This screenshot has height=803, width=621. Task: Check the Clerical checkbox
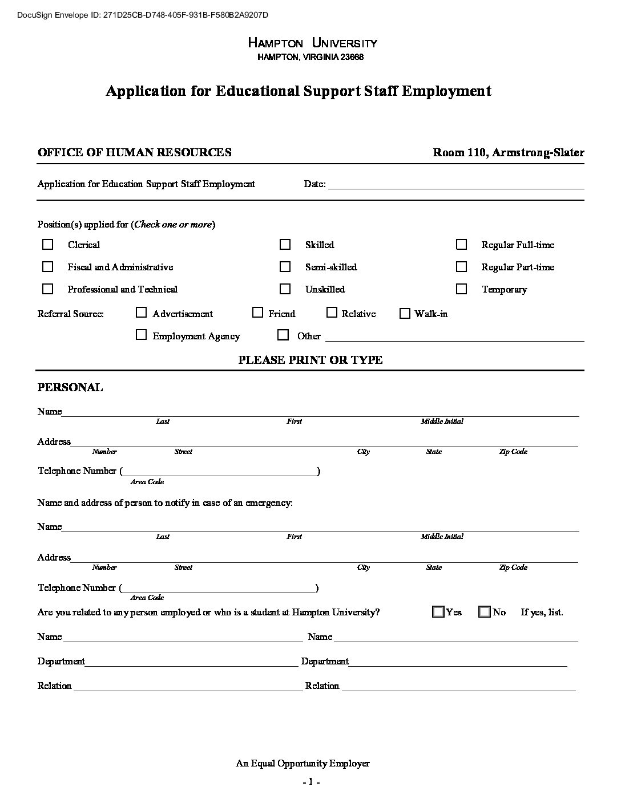click(x=48, y=245)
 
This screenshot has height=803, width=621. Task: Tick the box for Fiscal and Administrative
click(x=48, y=267)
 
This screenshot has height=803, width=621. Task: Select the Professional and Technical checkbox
click(x=48, y=289)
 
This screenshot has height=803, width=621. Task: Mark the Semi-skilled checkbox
click(x=285, y=267)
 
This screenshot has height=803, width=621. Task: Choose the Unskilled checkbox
click(x=285, y=289)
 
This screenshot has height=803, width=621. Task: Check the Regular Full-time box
click(x=461, y=245)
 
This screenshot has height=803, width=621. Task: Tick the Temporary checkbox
click(x=461, y=289)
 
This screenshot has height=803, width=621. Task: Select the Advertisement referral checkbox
click(x=141, y=313)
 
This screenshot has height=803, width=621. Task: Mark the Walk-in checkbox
click(x=405, y=313)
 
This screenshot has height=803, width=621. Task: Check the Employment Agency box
click(x=141, y=335)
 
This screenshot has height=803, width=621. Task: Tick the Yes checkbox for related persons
click(x=438, y=612)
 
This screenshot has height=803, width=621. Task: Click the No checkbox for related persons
click(x=485, y=612)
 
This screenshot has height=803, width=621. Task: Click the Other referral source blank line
click(x=454, y=336)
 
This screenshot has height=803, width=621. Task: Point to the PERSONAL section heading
click(x=70, y=388)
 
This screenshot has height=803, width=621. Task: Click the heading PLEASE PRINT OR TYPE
click(x=310, y=360)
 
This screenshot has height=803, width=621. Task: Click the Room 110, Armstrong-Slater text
click(x=508, y=152)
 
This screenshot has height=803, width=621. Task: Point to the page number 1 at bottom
click(x=310, y=782)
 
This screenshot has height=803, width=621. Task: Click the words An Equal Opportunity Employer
click(x=303, y=763)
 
